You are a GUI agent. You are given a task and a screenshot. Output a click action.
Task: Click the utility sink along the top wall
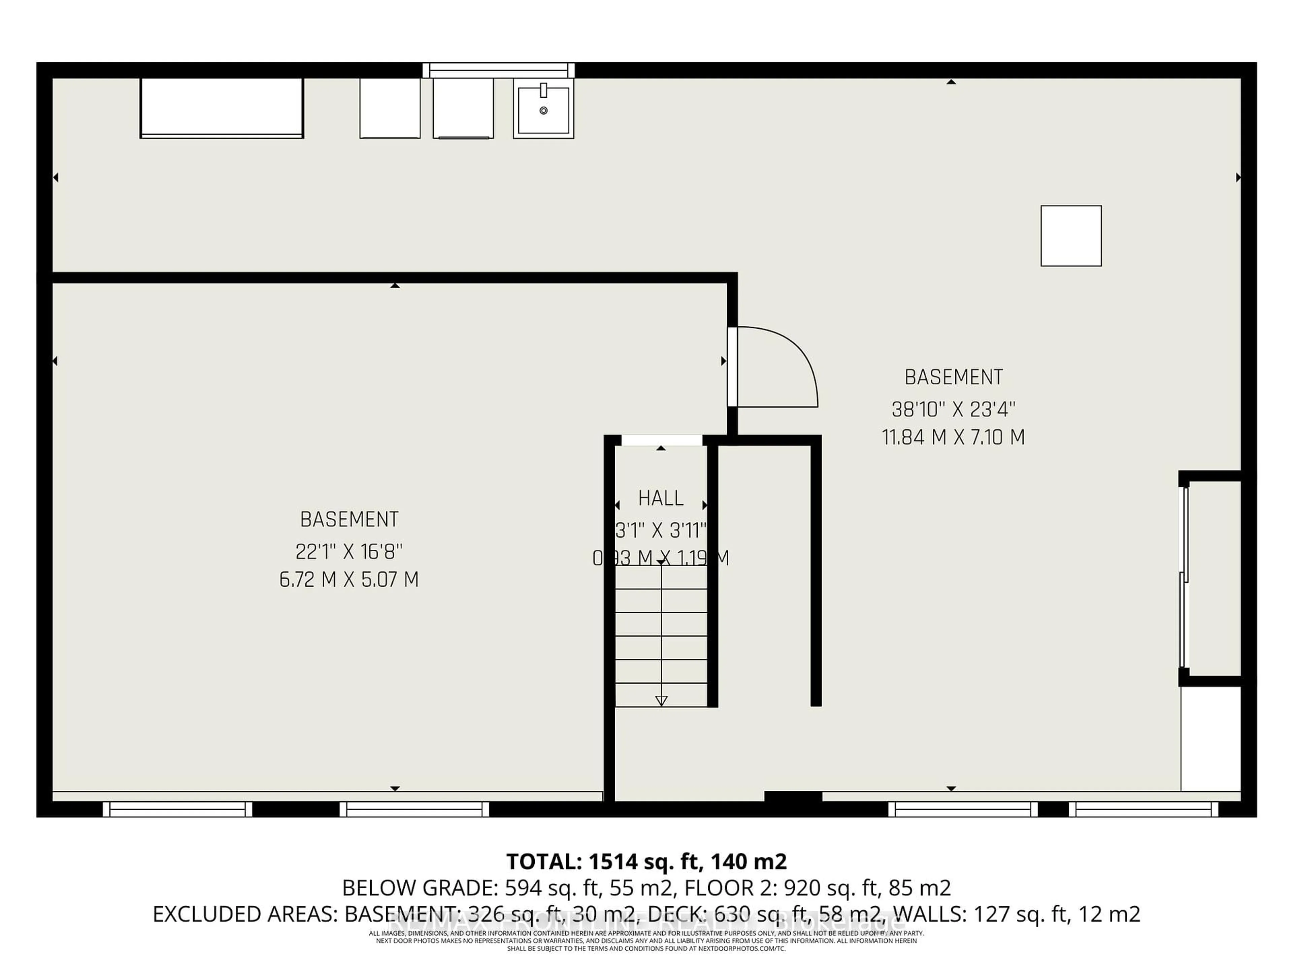543,109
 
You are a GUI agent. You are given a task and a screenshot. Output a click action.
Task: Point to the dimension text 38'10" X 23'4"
953,409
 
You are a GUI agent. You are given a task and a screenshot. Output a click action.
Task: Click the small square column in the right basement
1071,236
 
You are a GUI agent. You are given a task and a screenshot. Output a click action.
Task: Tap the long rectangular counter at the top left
222,108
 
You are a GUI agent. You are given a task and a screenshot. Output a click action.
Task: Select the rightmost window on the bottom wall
1143,809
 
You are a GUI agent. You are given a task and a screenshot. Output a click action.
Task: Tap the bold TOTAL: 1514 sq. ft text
646,861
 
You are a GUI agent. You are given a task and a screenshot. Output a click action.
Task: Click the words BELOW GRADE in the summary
419,888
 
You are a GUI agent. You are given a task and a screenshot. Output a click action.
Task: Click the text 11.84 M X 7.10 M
953,438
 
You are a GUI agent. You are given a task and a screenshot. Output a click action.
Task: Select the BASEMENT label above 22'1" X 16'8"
349,520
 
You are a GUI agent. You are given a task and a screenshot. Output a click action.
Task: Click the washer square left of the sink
463,108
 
